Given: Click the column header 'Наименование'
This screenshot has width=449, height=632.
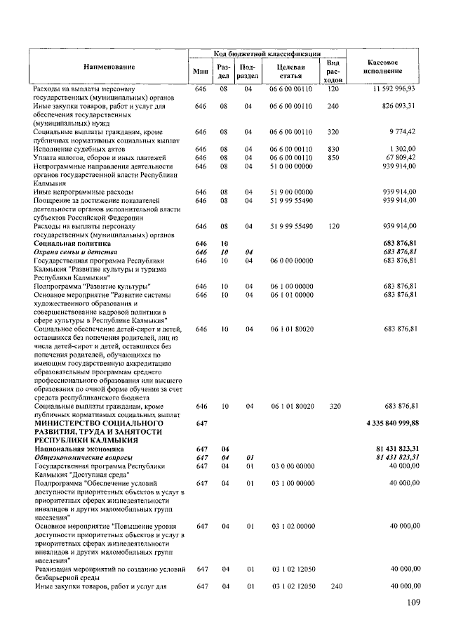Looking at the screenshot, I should pyautogui.click(x=109, y=66).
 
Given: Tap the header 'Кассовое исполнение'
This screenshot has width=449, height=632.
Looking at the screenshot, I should pyautogui.click(x=383, y=66).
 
